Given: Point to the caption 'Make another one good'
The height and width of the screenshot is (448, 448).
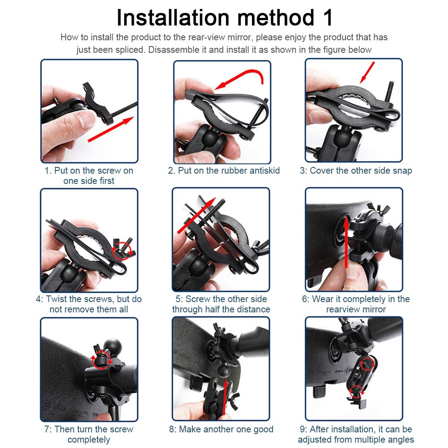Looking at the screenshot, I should (221, 429).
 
